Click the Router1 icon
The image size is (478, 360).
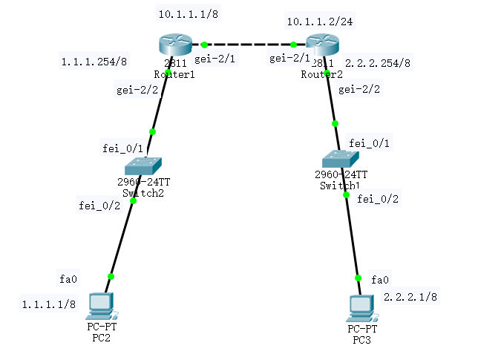(x=174, y=46)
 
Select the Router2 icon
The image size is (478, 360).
(x=322, y=46)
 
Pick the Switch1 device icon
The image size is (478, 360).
(x=341, y=157)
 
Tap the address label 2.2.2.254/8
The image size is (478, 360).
(x=378, y=63)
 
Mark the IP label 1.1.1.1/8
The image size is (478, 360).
(x=48, y=304)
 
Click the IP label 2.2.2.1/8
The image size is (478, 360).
(x=410, y=297)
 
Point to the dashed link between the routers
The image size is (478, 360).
(x=249, y=45)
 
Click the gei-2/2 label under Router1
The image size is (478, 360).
(x=137, y=91)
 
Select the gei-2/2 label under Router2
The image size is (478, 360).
(x=359, y=90)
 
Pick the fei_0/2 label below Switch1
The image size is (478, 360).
(x=378, y=199)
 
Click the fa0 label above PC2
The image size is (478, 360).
(x=68, y=279)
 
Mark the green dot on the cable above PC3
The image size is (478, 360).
(x=358, y=278)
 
